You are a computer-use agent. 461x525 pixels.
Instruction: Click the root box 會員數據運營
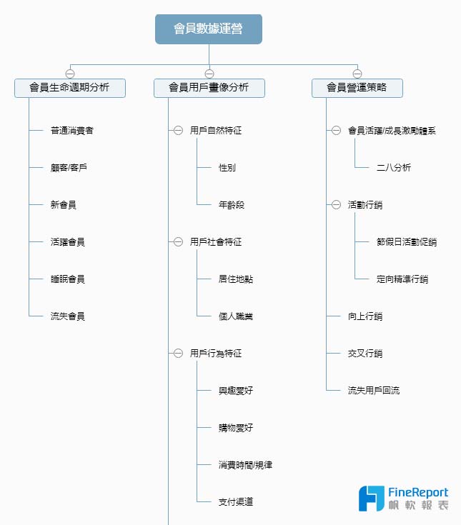pos(209,29)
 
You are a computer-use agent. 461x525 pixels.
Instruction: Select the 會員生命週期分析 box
pos(70,88)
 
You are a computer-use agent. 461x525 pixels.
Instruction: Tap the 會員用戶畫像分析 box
pos(209,88)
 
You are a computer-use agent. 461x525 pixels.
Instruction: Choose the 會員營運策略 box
pos(357,88)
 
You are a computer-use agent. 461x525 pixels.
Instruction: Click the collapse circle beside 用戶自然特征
pos(178,130)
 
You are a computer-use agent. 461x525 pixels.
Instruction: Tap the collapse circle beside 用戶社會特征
pos(178,241)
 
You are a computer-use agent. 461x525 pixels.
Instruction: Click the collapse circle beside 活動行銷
pos(336,204)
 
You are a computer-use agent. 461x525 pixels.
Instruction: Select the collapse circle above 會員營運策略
pos(357,74)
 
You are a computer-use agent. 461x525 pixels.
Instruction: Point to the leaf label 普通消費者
pos(72,130)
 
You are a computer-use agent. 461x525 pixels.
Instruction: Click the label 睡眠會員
pos(68,279)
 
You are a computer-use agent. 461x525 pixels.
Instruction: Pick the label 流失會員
pos(68,316)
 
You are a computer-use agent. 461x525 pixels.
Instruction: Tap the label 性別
pos(227,167)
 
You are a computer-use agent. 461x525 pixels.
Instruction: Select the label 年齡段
pos(232,204)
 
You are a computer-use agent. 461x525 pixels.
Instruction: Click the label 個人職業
pos(236,316)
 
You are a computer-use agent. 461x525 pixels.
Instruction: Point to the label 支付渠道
pos(236,501)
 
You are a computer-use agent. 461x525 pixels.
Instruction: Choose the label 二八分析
pos(394,167)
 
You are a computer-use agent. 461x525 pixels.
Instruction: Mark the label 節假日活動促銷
pos(407,241)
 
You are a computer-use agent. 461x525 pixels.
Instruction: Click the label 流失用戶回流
pos(374,391)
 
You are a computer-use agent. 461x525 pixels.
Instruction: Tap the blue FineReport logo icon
pos(371,499)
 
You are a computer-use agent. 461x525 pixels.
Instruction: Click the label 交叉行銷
pos(365,354)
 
